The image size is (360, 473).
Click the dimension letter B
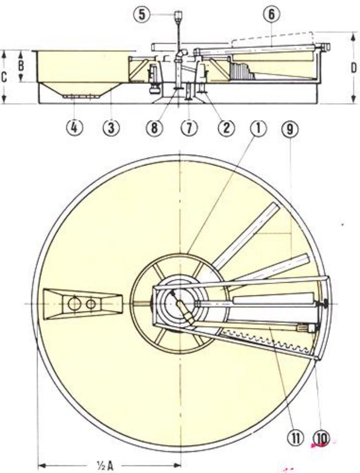pos(21,65)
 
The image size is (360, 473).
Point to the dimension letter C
pos(4,76)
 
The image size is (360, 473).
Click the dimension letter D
pos(354,67)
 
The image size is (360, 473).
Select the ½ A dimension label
pos(108,466)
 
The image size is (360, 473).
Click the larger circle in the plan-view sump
pos(73,303)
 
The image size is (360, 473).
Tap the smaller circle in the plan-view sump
pos(91,303)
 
